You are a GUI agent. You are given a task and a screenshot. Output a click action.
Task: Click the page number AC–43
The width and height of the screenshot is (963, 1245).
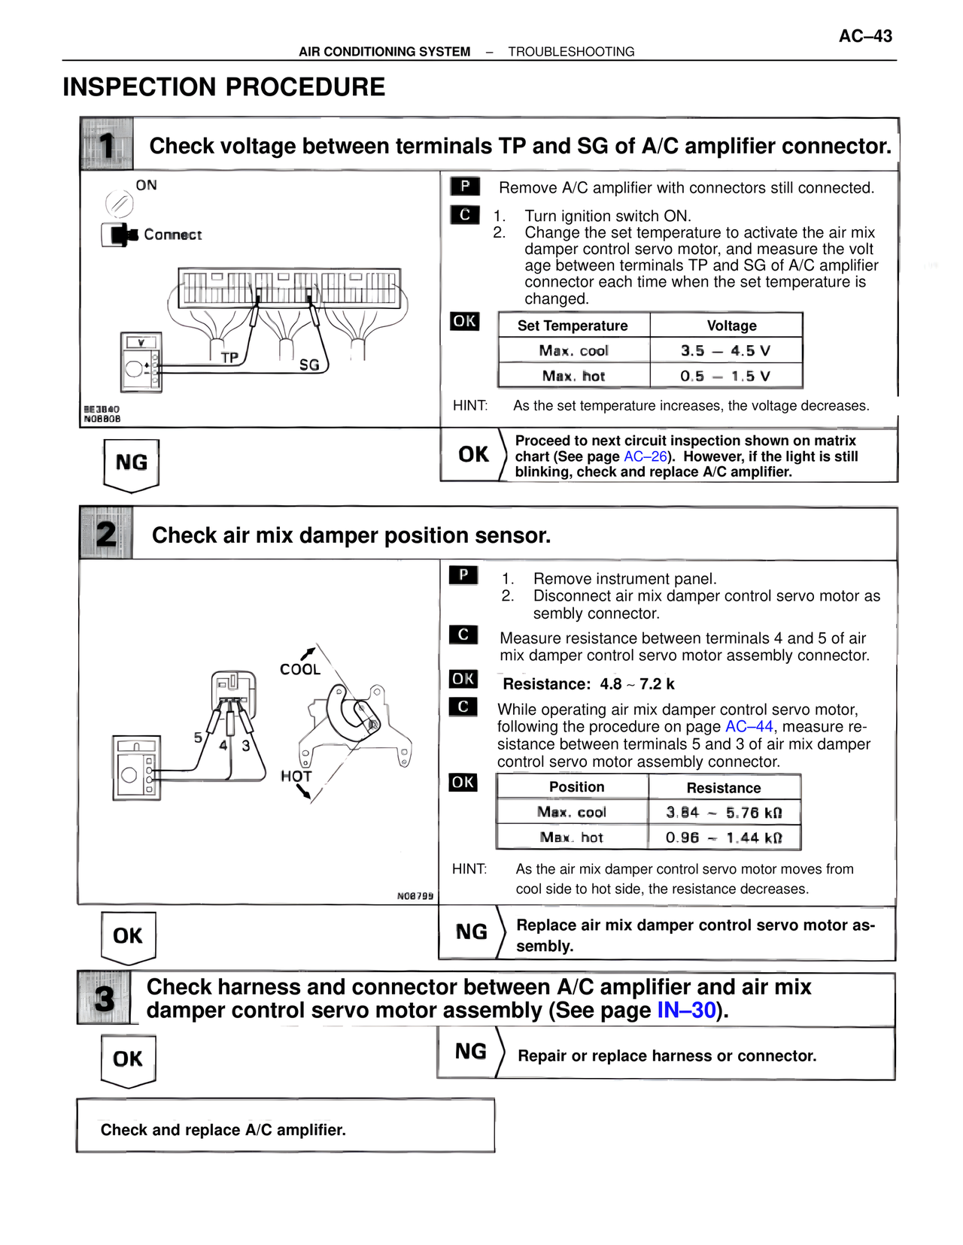tap(865, 36)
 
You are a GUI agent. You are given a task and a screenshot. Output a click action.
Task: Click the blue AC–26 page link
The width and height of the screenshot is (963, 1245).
tap(645, 456)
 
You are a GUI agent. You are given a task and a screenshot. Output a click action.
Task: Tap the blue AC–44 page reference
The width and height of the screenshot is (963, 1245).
tap(749, 727)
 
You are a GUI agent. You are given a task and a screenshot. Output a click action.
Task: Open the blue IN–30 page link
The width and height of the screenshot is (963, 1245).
tap(686, 1010)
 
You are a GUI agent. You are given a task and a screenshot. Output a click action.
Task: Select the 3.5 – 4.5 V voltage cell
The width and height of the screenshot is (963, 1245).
tap(725, 351)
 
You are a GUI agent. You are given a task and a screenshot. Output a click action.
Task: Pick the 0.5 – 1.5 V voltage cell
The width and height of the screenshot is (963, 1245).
tap(725, 376)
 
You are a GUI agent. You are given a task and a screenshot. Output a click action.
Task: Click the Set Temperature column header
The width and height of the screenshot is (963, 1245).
tap(573, 326)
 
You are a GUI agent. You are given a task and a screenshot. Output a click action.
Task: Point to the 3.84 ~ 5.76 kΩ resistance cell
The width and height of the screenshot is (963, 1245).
tap(724, 813)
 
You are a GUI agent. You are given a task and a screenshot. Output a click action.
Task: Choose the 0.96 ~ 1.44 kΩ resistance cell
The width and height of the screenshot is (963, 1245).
tap(724, 838)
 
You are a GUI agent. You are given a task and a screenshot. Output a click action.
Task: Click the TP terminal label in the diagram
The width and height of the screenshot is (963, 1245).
tap(229, 358)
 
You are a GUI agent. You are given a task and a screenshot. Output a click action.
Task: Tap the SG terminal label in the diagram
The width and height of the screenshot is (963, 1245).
tap(309, 365)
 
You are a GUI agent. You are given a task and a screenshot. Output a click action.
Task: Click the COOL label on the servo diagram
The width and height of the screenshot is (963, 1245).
tap(300, 669)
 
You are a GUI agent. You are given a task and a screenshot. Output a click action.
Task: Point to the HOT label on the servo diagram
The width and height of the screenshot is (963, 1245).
tap(296, 777)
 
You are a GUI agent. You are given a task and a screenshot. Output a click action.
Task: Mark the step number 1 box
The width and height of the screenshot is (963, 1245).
tap(107, 144)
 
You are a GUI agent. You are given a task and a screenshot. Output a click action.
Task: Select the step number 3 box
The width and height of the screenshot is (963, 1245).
tap(105, 999)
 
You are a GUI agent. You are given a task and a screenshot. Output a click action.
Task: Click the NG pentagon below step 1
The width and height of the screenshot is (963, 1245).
tap(132, 463)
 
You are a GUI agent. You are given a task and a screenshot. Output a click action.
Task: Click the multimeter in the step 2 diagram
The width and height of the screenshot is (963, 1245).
tap(136, 768)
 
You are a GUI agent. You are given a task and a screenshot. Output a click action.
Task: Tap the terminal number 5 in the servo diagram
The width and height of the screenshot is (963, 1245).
tap(198, 738)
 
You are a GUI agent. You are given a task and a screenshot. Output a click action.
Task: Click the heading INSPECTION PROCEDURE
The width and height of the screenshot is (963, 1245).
tap(223, 87)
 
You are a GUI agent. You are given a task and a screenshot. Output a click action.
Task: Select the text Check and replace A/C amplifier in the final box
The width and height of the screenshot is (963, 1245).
tap(223, 1130)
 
